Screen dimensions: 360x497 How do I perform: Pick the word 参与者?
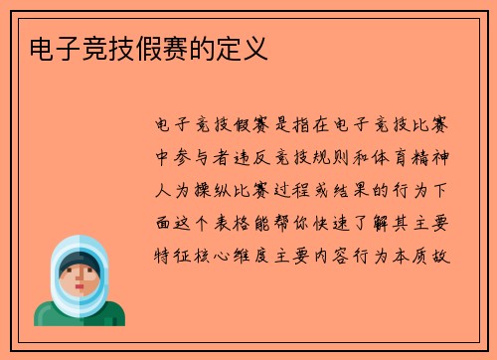click(x=204, y=157)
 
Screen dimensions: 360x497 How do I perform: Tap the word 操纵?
click(x=216, y=189)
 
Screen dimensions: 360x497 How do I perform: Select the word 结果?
click(x=359, y=189)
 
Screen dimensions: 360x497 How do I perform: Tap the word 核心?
click(x=216, y=253)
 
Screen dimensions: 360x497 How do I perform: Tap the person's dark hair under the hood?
click(x=79, y=260)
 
